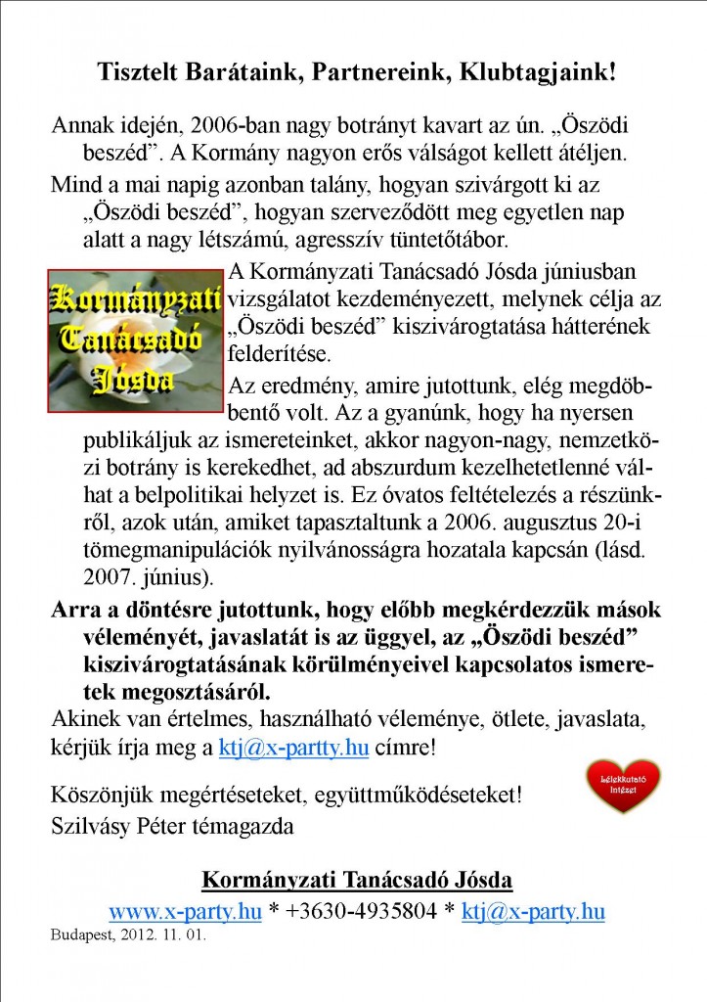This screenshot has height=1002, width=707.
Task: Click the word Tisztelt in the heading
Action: tap(137, 71)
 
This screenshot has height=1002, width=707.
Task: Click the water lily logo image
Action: tap(137, 341)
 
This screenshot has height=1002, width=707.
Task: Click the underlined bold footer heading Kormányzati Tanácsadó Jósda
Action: tap(357, 880)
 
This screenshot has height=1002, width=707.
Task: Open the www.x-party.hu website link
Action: tap(185, 912)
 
